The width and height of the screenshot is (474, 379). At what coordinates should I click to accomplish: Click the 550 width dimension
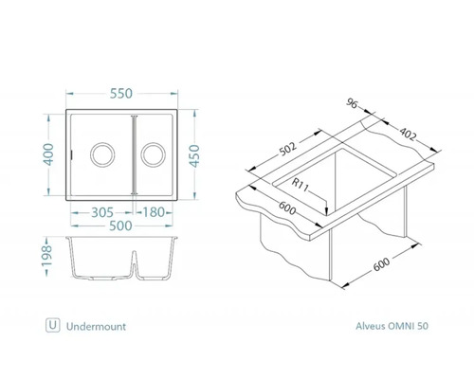tap(121, 94)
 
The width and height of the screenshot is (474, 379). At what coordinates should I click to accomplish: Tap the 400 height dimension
tap(48, 154)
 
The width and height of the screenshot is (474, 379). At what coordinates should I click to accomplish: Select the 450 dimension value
tap(194, 155)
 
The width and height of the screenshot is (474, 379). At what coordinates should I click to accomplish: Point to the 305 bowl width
tap(102, 212)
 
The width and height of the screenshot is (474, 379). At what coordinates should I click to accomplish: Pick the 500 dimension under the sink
tap(120, 226)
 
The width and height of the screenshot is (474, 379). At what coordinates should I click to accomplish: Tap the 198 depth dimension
tap(46, 257)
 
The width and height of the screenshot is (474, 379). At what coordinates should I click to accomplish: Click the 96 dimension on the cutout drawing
tap(352, 103)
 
